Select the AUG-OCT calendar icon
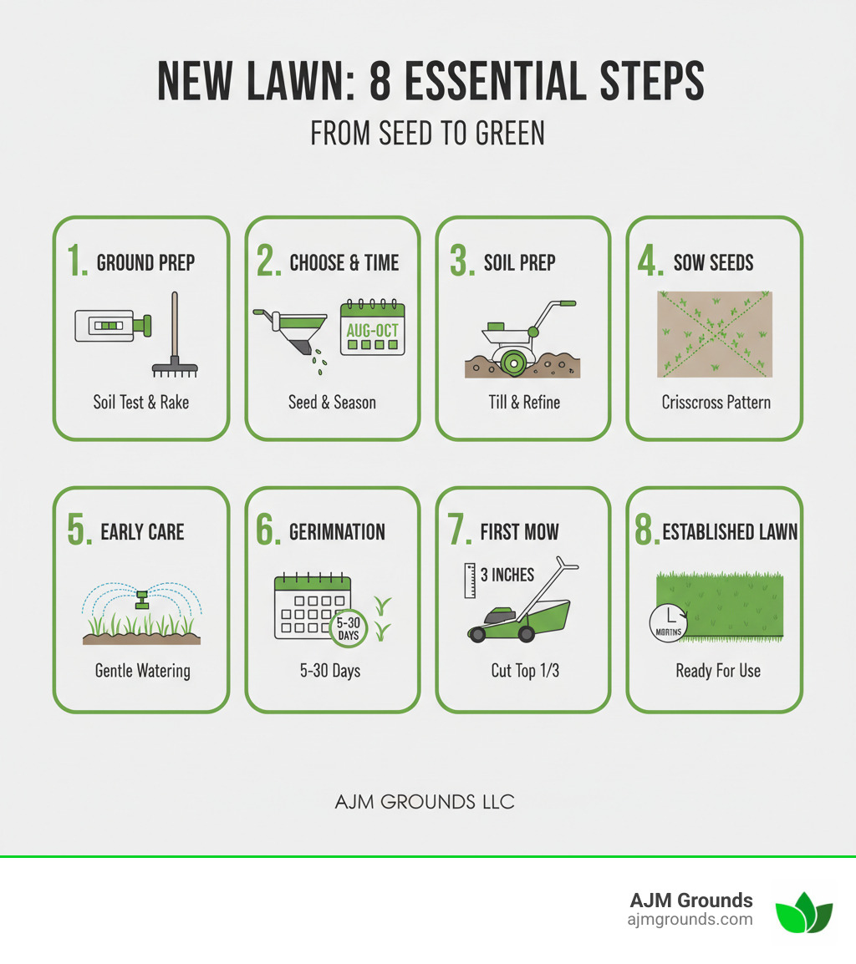coord(372,328)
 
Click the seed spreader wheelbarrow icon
coord(293,331)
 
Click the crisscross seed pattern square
coord(715,334)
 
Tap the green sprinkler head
coord(141,598)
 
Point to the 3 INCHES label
coord(507,576)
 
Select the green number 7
coord(459,531)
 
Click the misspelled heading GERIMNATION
coord(337,532)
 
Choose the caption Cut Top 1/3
coord(525,671)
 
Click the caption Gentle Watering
coord(141,671)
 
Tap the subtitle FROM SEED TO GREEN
coord(427,133)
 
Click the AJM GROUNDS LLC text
coord(425,803)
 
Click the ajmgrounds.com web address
coord(690,920)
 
